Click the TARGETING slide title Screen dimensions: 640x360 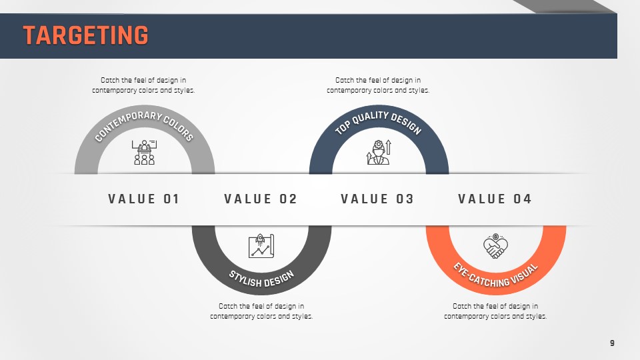(86, 35)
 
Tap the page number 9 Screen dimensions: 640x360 (612, 343)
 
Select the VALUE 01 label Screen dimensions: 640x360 (144, 199)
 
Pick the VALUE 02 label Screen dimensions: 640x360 (261, 199)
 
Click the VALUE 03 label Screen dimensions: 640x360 (377, 199)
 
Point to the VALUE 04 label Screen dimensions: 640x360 (495, 199)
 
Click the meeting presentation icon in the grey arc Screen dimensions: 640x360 (145, 152)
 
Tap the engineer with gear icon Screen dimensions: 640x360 (379, 152)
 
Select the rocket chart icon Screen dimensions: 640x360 (261, 246)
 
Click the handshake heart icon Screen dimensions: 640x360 (495, 246)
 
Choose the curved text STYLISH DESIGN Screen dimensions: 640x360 (261, 279)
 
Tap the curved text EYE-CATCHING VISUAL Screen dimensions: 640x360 (495, 275)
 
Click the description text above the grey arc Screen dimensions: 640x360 (143, 85)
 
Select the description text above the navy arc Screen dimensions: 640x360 (378, 85)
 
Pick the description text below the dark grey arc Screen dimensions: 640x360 (261, 311)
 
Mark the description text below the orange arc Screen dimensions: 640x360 (495, 311)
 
